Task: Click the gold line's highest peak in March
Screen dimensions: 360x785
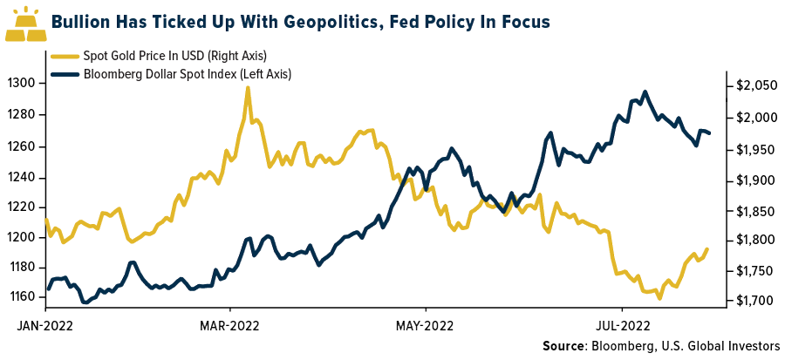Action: pyautogui.click(x=248, y=88)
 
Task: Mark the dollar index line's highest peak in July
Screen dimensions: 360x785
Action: pyautogui.click(x=645, y=92)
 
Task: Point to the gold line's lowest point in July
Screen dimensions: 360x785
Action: pyautogui.click(x=659, y=298)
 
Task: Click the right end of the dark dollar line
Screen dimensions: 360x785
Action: pyautogui.click(x=710, y=133)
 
